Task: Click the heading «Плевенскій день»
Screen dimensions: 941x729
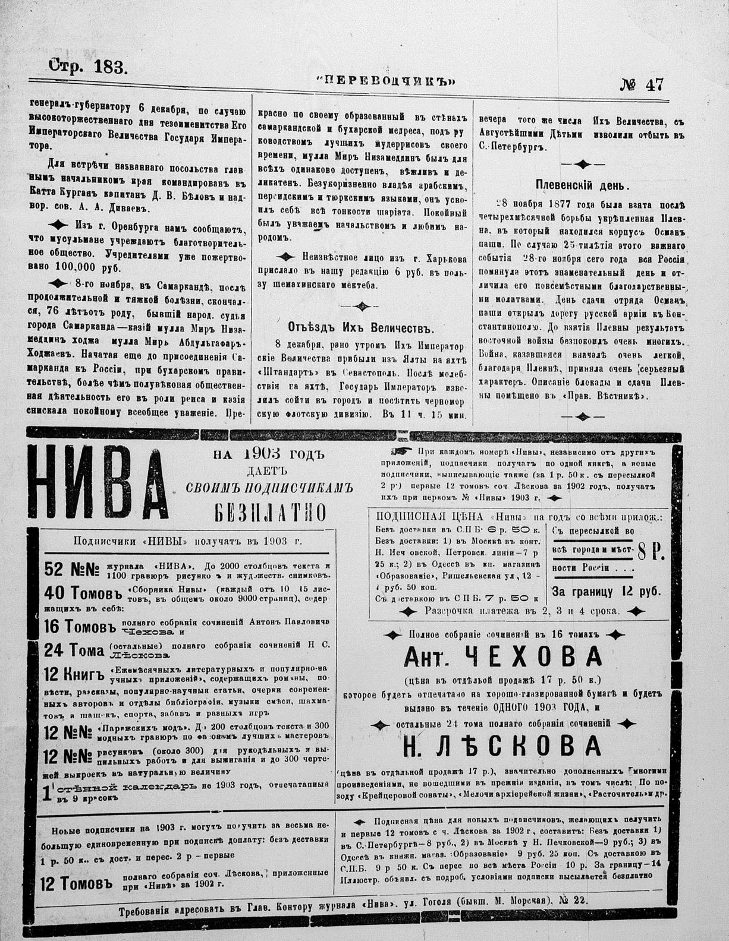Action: click(582, 185)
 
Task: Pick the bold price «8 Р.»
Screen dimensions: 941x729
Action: click(651, 552)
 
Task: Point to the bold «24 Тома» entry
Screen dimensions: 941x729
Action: click(74, 651)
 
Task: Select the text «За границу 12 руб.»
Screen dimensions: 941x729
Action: click(606, 591)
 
